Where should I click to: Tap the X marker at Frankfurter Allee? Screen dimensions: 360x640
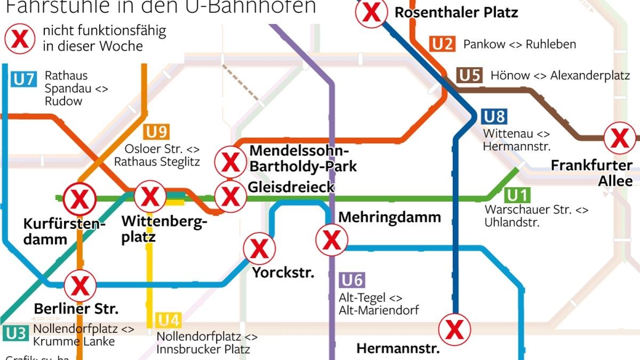(x=620, y=138)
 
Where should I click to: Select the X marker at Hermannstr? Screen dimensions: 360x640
(x=454, y=330)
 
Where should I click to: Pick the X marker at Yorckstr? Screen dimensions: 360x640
(x=259, y=249)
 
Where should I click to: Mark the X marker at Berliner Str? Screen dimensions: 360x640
(x=80, y=285)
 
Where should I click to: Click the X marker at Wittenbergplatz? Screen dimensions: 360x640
(x=150, y=196)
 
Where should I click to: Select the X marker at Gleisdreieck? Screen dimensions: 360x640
(x=230, y=196)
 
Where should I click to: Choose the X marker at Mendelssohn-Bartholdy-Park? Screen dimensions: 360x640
(x=230, y=162)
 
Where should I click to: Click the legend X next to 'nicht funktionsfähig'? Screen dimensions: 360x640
(x=20, y=38)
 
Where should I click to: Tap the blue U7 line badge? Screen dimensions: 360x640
(x=24, y=80)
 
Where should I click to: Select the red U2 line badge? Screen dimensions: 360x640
(x=443, y=44)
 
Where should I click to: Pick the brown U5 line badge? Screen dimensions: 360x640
(x=469, y=75)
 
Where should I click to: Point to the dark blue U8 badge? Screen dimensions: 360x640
(x=494, y=117)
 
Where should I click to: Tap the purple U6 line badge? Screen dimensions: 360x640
(x=353, y=281)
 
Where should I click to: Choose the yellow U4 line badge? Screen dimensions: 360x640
(x=169, y=321)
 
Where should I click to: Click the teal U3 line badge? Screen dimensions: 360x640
(x=15, y=334)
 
